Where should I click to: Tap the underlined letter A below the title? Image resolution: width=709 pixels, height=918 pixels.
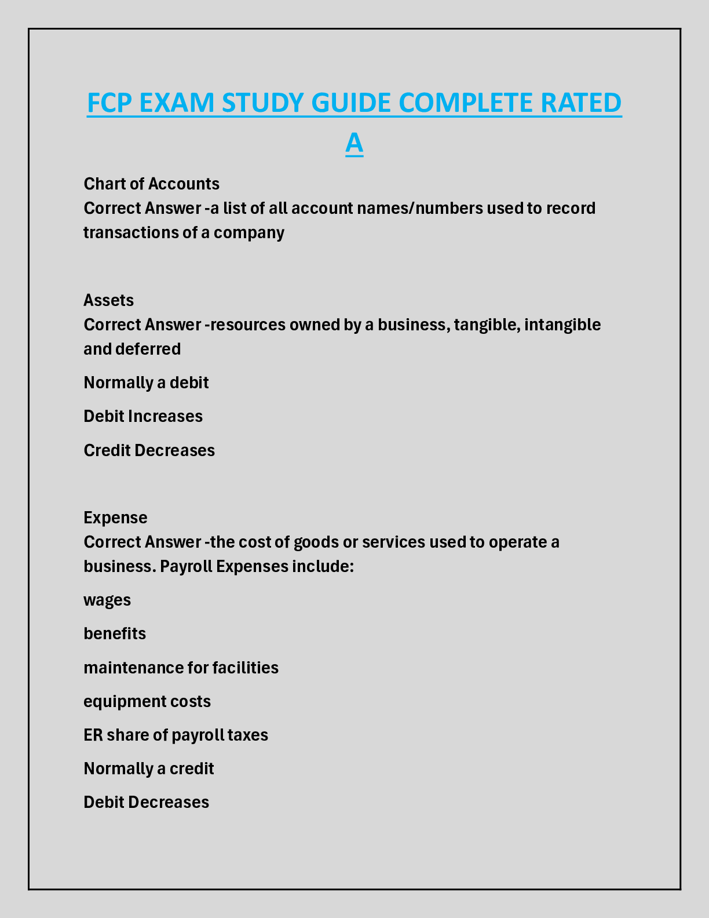(x=354, y=143)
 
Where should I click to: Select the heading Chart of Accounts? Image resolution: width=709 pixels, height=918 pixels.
(x=151, y=184)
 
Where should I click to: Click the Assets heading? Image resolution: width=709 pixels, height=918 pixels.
(x=108, y=300)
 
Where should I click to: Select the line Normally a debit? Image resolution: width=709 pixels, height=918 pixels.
(x=146, y=382)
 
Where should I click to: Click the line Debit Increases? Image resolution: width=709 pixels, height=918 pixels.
(x=143, y=416)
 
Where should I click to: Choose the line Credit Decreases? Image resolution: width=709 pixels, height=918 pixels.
(x=149, y=450)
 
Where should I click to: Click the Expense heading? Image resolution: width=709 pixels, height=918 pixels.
(x=115, y=518)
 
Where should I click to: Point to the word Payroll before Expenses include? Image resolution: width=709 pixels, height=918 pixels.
(x=185, y=566)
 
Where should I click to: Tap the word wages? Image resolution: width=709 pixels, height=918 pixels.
(x=107, y=600)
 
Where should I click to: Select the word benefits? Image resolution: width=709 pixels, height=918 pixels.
(x=115, y=633)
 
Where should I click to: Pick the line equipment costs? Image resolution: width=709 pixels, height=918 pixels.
(x=147, y=701)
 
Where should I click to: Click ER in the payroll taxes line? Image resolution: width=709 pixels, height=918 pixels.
(x=93, y=735)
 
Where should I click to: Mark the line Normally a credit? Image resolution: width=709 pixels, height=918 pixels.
(x=149, y=768)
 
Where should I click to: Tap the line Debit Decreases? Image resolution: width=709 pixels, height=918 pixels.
(x=146, y=802)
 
